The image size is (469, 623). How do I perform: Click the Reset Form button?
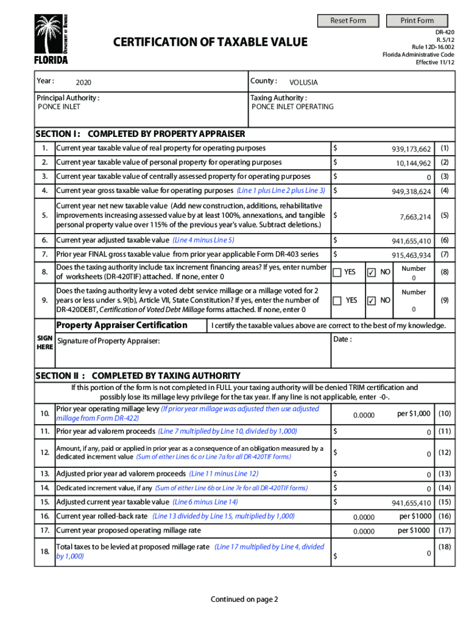(x=348, y=21)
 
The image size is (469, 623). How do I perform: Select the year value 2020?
(x=84, y=82)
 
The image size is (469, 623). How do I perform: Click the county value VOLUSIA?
(x=303, y=82)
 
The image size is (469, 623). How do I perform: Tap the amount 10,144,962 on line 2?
(x=414, y=163)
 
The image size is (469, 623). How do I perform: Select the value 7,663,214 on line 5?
(x=415, y=217)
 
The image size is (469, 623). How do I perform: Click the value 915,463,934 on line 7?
(x=411, y=256)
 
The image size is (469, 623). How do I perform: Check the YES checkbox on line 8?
(x=337, y=273)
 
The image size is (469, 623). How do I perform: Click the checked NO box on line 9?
(x=372, y=301)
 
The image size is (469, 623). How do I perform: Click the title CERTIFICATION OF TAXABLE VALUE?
(x=211, y=42)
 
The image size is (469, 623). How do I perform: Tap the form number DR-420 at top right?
(x=442, y=30)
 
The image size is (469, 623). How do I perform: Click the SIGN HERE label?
(x=44, y=342)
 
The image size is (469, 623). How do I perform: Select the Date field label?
(x=342, y=339)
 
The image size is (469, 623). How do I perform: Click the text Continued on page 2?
(x=244, y=599)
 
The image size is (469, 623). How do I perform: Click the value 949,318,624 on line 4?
(x=411, y=192)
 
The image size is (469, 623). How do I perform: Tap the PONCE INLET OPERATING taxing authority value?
(x=293, y=106)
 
